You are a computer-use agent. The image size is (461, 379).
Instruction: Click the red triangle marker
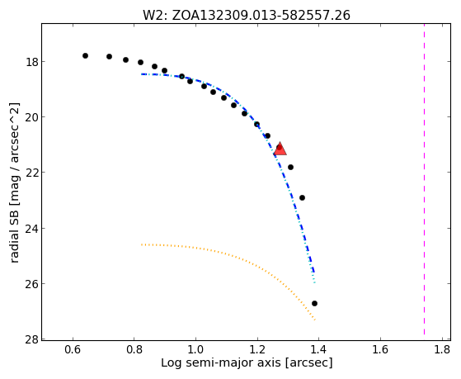[x=280, y=149]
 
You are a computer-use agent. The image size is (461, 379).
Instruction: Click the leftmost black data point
[x=85, y=55]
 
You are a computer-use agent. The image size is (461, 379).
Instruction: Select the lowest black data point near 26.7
[x=314, y=303]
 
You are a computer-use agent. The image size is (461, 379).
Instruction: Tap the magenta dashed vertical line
[x=424, y=179]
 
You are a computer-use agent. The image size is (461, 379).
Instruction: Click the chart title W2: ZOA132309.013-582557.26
[x=247, y=16]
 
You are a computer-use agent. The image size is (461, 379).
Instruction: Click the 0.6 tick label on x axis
[x=73, y=349]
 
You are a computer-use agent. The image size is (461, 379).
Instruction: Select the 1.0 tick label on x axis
[x=195, y=349]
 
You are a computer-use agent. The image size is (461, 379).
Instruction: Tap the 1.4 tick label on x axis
[x=319, y=349]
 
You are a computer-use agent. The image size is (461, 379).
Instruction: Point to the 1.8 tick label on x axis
[x=442, y=349]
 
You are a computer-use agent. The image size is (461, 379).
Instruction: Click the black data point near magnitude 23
[x=302, y=197]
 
